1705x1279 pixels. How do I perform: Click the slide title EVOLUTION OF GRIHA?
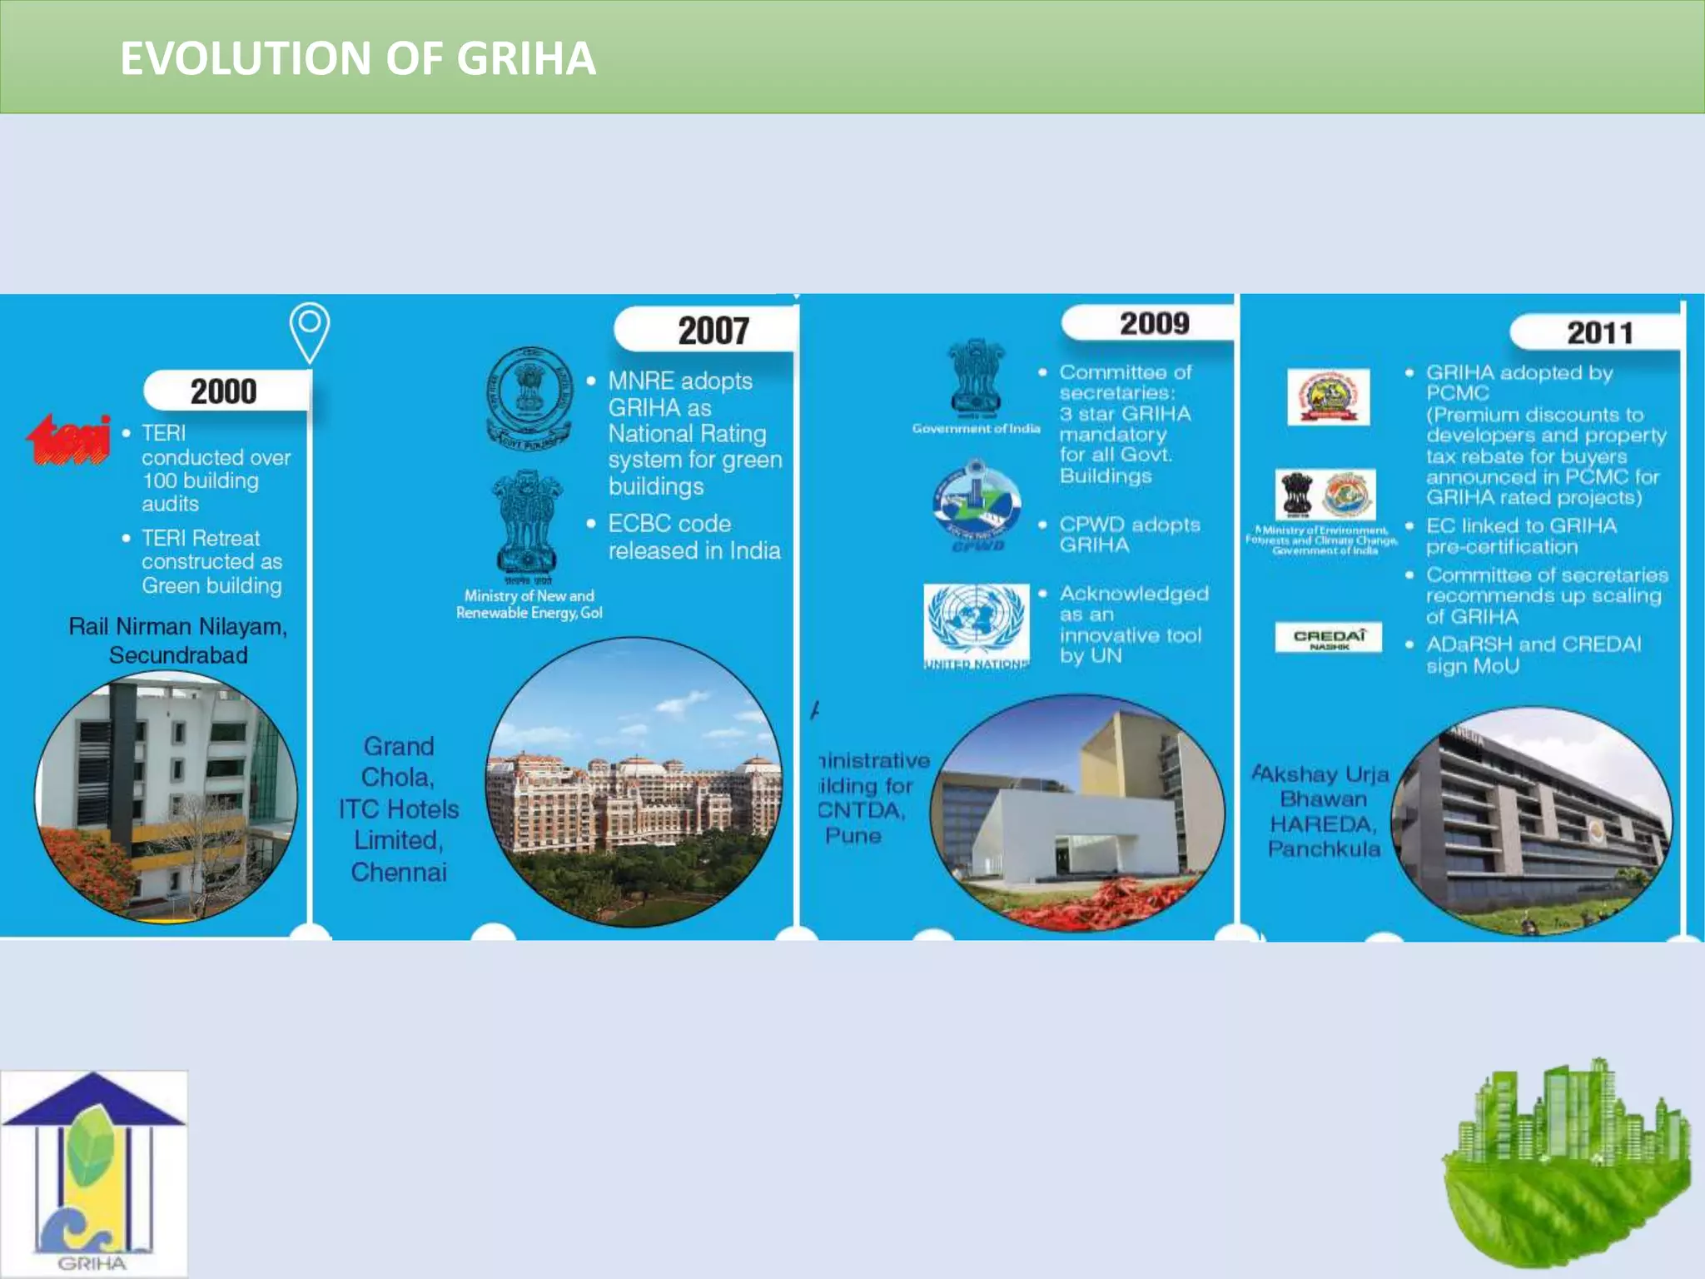click(358, 58)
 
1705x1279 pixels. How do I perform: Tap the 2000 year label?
click(224, 391)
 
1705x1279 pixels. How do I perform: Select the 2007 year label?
click(713, 331)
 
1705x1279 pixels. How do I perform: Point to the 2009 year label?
click(1154, 323)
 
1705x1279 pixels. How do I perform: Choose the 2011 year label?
click(1599, 333)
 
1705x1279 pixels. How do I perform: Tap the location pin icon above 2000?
click(310, 331)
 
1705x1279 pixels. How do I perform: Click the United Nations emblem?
click(977, 625)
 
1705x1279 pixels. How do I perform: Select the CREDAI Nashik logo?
click(1328, 637)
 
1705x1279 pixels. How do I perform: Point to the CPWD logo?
click(977, 504)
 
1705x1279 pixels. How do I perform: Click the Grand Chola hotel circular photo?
click(634, 783)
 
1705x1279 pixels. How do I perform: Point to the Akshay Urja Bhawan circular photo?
click(1532, 820)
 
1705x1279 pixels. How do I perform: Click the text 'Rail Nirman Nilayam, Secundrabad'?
click(178, 640)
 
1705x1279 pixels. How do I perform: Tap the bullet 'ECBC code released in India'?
click(693, 537)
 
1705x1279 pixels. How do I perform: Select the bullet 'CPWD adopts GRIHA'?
click(1129, 535)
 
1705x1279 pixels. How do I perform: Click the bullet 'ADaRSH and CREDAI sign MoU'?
click(1533, 654)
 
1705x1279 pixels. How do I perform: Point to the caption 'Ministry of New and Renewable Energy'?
click(529, 605)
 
